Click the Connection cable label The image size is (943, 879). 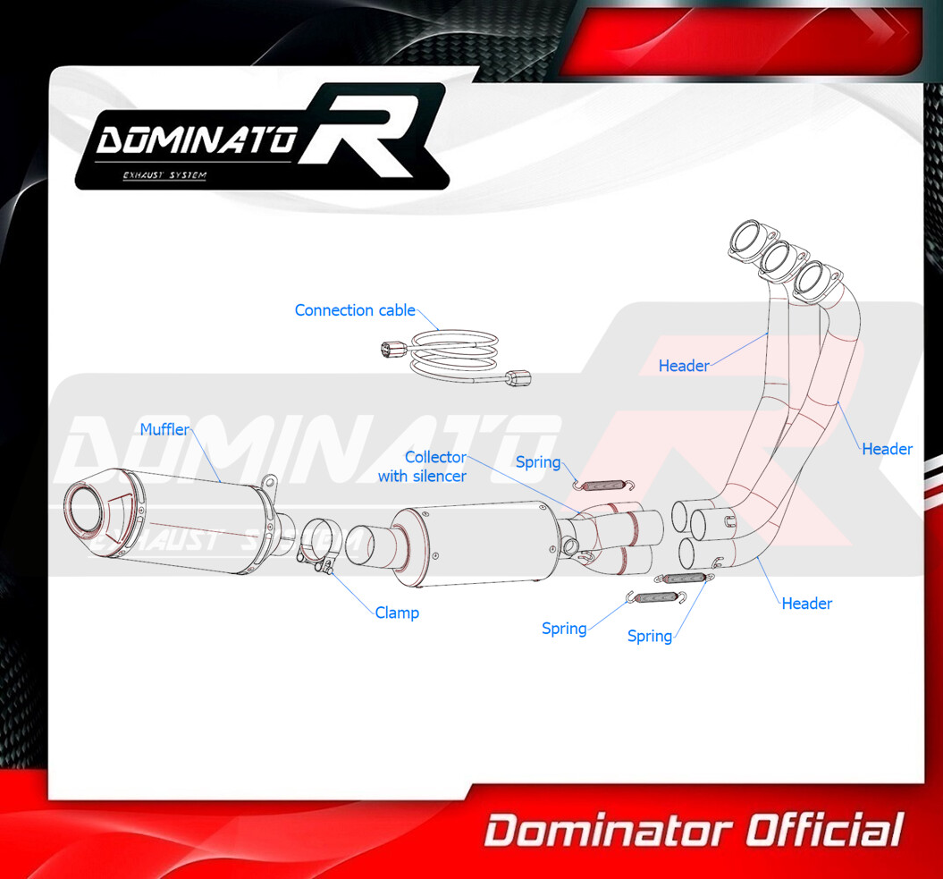355,310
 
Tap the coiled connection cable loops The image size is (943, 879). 454,352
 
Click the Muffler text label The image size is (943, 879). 164,429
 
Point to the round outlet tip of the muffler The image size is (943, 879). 84,509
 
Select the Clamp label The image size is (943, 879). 397,613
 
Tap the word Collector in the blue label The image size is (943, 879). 435,457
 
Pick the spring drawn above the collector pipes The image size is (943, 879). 602,485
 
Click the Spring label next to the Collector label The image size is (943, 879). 538,462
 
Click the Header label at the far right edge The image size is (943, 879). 887,449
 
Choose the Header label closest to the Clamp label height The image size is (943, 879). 806,604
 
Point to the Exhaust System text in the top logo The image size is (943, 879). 164,175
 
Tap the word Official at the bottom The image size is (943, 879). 824,831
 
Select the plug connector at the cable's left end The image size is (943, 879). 392,349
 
